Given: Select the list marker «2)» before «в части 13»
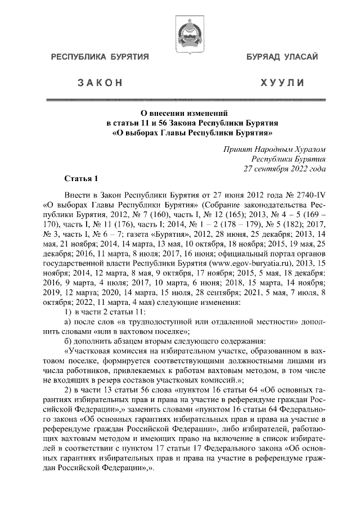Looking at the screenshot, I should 68,391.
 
